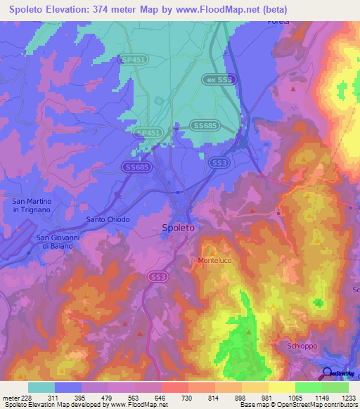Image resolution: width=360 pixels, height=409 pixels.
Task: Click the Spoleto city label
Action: pos(179,228)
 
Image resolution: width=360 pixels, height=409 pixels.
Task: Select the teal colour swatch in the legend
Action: pos(41,387)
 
